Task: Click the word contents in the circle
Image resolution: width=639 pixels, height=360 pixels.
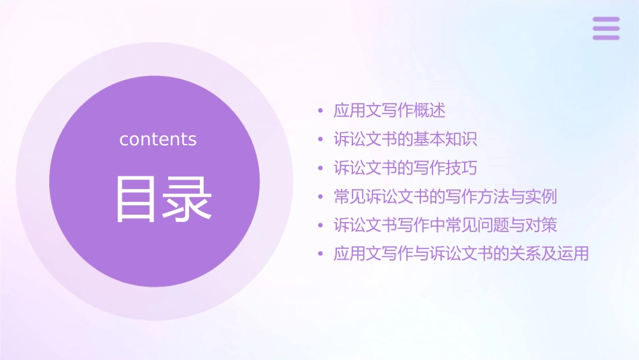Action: click(x=158, y=139)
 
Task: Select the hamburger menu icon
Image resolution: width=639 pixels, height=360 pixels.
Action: click(x=605, y=28)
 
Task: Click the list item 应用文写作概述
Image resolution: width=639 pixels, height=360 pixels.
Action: click(x=389, y=110)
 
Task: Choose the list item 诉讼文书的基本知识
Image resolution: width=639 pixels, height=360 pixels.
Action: click(x=405, y=139)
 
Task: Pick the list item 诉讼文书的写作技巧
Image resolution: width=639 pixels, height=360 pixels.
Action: click(x=405, y=168)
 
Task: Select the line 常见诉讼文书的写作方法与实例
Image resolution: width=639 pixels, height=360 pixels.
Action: click(x=445, y=196)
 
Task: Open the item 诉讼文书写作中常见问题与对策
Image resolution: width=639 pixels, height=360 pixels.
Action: click(x=445, y=225)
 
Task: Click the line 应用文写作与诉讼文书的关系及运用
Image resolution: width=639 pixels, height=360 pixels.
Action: click(x=461, y=254)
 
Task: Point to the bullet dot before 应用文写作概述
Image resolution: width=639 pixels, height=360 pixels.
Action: click(x=320, y=111)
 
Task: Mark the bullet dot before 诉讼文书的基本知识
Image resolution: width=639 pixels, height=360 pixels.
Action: click(x=320, y=140)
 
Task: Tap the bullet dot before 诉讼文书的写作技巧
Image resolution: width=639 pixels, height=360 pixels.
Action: click(x=320, y=168)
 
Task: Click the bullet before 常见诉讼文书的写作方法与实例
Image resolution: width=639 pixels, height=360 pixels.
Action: click(x=320, y=197)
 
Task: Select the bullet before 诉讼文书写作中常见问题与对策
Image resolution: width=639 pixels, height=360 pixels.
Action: click(x=320, y=225)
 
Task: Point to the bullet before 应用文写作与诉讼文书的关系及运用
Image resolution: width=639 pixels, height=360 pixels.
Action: click(x=320, y=254)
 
